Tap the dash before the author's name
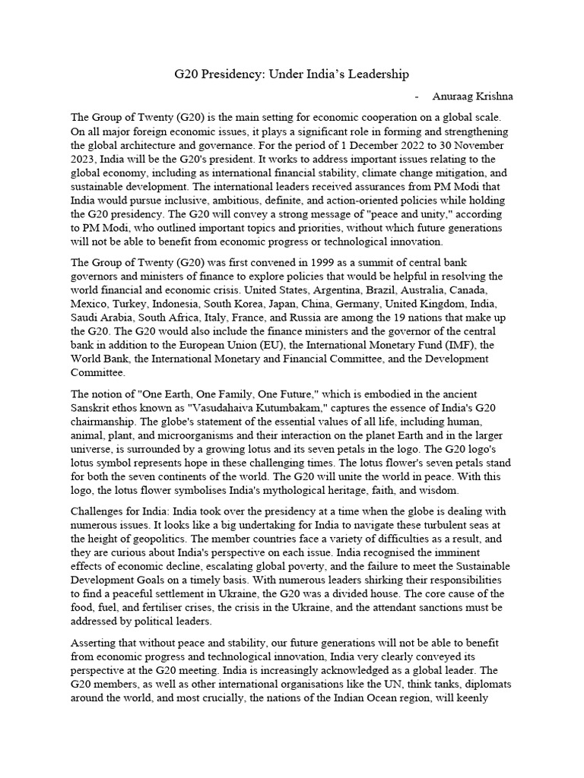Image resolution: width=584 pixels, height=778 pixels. click(x=417, y=96)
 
